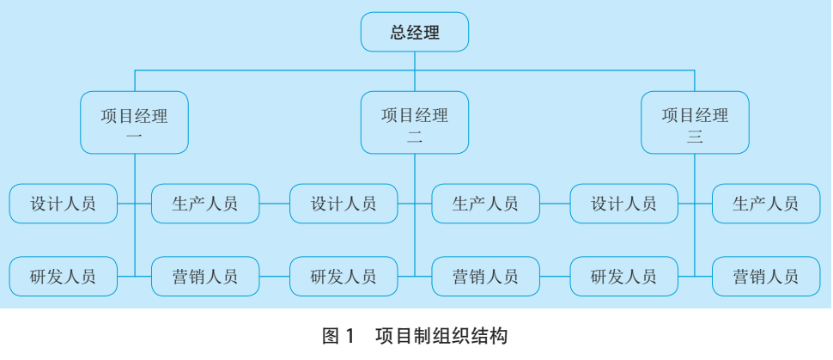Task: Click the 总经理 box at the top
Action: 415,34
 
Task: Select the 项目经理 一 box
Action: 135,123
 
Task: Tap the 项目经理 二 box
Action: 415,123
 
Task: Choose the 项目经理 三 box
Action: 695,123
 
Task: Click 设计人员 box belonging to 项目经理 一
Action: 63,204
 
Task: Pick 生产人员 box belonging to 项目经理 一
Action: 205,204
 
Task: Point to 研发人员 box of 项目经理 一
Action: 63,277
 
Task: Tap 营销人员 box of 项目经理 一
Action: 205,277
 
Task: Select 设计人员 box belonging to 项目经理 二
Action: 344,204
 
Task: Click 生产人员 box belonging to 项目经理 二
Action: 486,204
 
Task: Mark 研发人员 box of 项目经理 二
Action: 344,277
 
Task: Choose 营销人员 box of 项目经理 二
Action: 486,277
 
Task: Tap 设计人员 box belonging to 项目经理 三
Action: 624,204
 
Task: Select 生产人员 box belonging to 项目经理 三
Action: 766,204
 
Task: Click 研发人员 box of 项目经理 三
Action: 624,277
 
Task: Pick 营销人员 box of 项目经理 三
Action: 766,277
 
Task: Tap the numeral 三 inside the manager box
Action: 695,136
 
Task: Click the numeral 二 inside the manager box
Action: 415,136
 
